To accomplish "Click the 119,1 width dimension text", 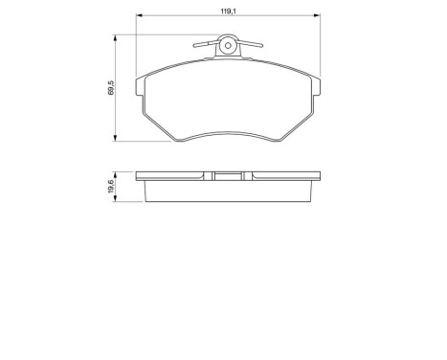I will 228,10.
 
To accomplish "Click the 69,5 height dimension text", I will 112,88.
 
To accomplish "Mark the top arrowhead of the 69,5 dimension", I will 118,38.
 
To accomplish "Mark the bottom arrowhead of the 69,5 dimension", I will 118,139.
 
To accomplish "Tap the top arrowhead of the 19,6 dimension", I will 118,173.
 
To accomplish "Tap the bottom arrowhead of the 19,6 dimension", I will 118,201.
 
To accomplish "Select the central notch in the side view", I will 228,175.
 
